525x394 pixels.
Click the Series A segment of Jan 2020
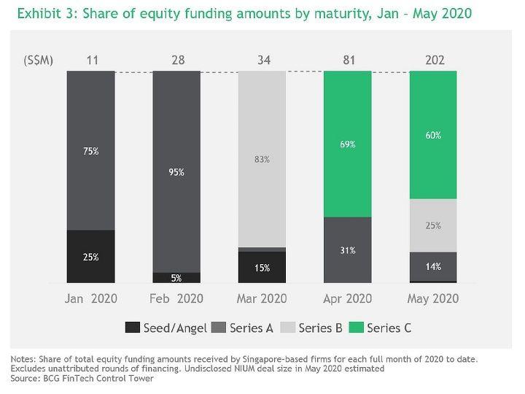[x=91, y=150]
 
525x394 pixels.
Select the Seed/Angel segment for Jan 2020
[x=91, y=257]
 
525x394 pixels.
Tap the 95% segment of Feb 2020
[x=176, y=172]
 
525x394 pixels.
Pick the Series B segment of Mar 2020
[x=262, y=159]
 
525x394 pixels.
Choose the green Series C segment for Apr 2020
[x=348, y=144]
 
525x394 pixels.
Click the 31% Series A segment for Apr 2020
[x=348, y=250]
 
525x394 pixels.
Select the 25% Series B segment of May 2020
[x=433, y=225]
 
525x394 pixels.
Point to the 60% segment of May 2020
[x=433, y=135]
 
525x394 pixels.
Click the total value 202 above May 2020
[x=433, y=60]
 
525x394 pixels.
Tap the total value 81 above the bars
[x=348, y=60]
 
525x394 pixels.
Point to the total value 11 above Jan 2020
[x=91, y=60]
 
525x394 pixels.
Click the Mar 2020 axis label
[x=262, y=298]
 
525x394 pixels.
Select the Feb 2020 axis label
[x=176, y=298]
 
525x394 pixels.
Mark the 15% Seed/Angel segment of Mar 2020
[x=262, y=267]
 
